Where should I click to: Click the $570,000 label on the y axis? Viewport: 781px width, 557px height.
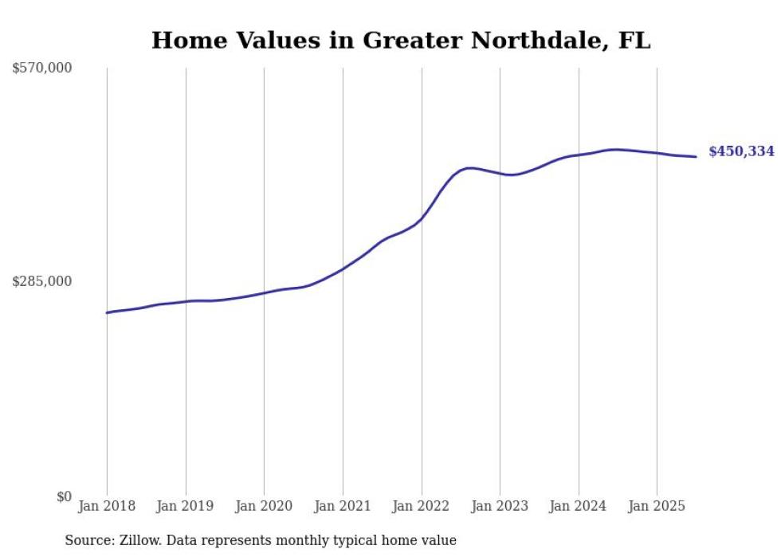pyautogui.click(x=41, y=69)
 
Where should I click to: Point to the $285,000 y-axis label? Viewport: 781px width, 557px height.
pyautogui.click(x=41, y=281)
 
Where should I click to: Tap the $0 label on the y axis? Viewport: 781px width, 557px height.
pyautogui.click(x=64, y=496)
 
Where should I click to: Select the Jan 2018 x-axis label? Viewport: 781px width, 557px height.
pyautogui.click(x=107, y=506)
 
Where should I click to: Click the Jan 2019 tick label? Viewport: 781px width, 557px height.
pyautogui.click(x=186, y=506)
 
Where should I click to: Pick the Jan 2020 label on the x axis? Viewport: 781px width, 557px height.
pyautogui.click(x=264, y=506)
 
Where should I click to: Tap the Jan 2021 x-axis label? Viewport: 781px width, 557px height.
pyautogui.click(x=343, y=506)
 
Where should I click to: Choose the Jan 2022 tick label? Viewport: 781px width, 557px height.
pyautogui.click(x=422, y=506)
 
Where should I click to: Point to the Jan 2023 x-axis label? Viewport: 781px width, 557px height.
pyautogui.click(x=500, y=506)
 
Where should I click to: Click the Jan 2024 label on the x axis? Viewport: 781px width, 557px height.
pyautogui.click(x=579, y=506)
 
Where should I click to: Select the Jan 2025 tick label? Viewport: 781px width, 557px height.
pyautogui.click(x=657, y=506)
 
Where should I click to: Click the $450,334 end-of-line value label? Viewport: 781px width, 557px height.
pyautogui.click(x=741, y=151)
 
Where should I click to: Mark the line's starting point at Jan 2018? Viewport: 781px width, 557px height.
pyautogui.click(x=107, y=312)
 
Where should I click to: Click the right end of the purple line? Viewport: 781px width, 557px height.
pyautogui.click(x=697, y=156)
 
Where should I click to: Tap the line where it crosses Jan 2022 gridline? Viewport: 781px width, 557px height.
pyautogui.click(x=422, y=219)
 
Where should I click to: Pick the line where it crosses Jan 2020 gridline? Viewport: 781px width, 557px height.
pyautogui.click(x=264, y=292)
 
